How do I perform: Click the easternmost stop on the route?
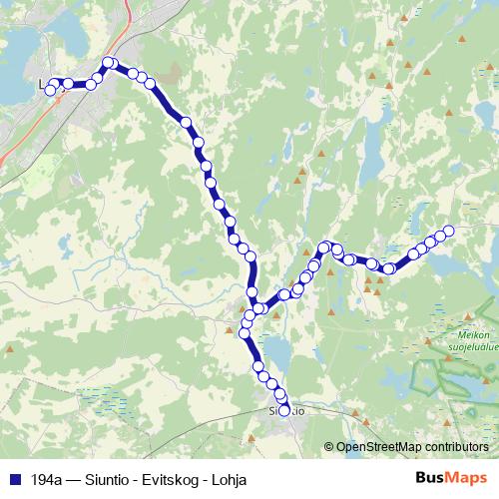[x=449, y=232]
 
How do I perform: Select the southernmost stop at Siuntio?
[x=284, y=410]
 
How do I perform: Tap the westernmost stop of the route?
[x=50, y=91]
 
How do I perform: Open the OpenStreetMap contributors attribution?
[x=411, y=448]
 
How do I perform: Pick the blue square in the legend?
[x=14, y=479]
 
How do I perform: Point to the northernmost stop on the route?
[x=109, y=64]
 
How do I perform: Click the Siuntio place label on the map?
[x=286, y=410]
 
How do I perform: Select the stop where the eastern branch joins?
[x=257, y=308]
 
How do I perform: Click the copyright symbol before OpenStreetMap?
[x=329, y=448]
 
